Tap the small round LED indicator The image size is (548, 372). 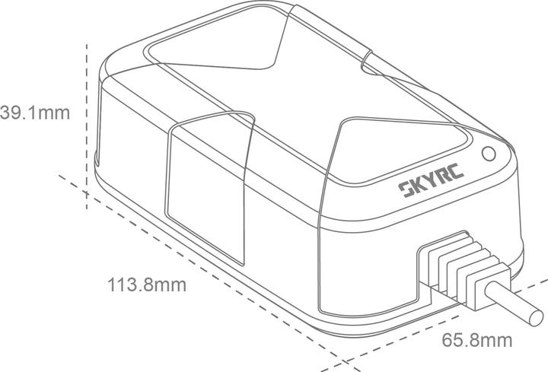coord(488,152)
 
